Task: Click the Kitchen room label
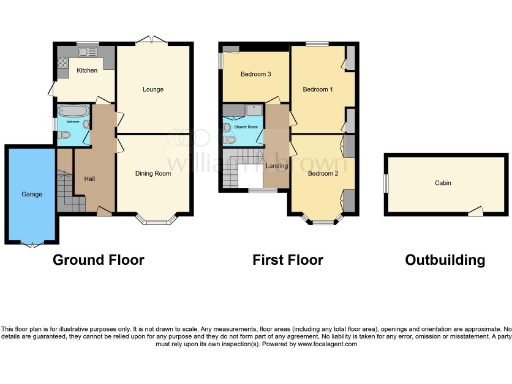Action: click(x=87, y=71)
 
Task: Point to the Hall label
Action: click(x=89, y=178)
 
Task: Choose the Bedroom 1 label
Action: click(x=317, y=89)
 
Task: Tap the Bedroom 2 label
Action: click(x=321, y=173)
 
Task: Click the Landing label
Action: click(x=277, y=165)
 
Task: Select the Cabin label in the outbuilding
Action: click(x=442, y=183)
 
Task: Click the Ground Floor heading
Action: click(x=98, y=260)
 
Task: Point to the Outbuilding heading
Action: click(x=445, y=260)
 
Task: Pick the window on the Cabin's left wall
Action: click(x=386, y=183)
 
